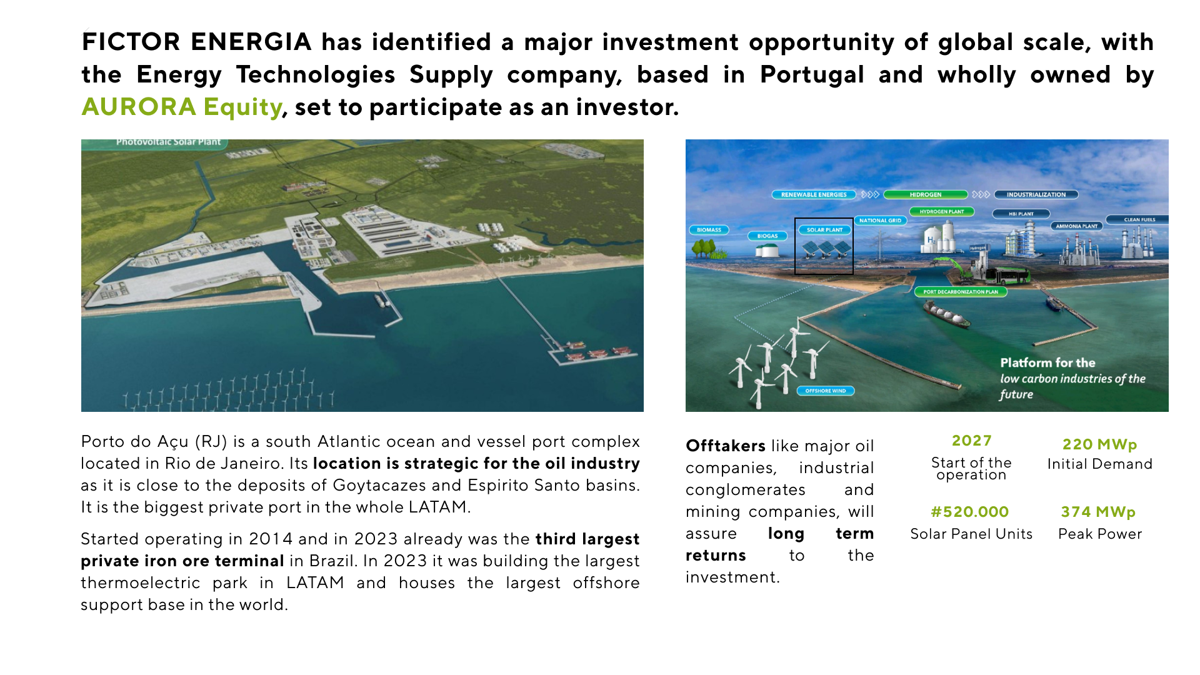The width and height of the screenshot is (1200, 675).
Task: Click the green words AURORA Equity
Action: tap(181, 107)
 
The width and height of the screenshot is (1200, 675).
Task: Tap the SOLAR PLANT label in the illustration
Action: tap(824, 230)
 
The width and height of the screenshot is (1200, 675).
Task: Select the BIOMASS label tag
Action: tap(709, 230)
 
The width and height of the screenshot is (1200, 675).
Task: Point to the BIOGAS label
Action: tap(767, 236)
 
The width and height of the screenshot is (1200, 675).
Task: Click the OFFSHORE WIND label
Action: tap(825, 391)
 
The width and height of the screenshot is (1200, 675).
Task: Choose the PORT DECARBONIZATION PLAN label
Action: tap(961, 292)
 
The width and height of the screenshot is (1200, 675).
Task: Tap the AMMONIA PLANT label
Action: tap(1076, 226)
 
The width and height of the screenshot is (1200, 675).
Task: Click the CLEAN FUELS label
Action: tap(1139, 220)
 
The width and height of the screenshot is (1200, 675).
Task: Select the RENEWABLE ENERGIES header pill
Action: tap(814, 195)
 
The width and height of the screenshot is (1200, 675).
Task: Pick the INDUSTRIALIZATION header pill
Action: tap(1036, 195)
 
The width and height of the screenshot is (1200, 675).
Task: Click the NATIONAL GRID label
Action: tap(880, 221)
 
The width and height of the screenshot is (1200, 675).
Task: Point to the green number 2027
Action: tap(971, 441)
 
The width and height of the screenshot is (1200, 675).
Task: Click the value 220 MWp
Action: tap(1099, 444)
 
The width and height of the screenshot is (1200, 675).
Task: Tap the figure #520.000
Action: tap(969, 512)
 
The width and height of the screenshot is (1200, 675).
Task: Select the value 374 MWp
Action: tap(1097, 512)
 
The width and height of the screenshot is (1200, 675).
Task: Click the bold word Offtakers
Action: tap(725, 446)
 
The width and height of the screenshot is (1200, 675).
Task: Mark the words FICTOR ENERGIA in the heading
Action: tap(196, 42)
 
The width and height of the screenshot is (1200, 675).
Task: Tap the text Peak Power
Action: tap(1099, 534)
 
